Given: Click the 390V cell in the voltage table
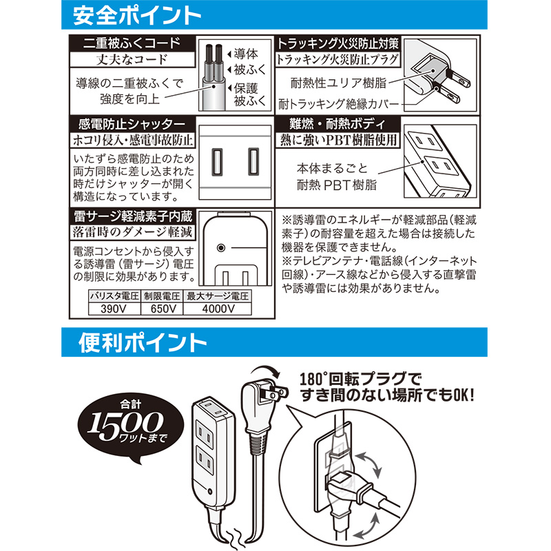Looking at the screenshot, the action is pos(114,309).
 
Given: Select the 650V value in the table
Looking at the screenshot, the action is pos(162,309).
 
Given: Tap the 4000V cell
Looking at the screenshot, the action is pos(218,309).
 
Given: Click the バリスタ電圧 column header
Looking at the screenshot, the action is pos(114,296).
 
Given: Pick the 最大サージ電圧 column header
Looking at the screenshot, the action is pos(218,296).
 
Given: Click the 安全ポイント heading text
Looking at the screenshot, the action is pos(136,15).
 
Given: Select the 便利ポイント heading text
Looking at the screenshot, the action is pos(143,342).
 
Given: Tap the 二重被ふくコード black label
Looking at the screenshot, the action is pos(132,43).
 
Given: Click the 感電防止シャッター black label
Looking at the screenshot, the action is pos(132,124).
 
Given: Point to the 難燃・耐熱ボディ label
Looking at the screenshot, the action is pos(337,124).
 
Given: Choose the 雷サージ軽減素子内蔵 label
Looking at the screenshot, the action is pos(133,216).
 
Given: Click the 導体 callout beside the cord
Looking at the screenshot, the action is pos(246,54).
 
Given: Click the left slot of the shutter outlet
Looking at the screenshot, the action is pos(217,162).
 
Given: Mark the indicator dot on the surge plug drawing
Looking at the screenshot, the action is pos(221,248).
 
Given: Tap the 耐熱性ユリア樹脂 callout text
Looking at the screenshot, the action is pos(338,83).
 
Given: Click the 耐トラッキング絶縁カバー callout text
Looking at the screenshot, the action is pos(339,104).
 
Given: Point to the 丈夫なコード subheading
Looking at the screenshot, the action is pos(132,59).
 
